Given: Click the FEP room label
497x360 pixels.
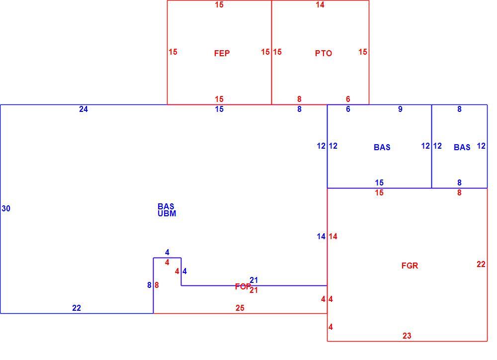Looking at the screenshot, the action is coord(222,53).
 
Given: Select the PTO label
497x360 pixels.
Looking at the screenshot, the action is coord(324,53).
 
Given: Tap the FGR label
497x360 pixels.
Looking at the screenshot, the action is coord(410,266).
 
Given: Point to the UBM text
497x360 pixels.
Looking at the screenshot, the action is coord(166,214).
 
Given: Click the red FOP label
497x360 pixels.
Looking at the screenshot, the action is coord(243,287).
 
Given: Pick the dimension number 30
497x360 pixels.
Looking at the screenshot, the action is coord(6,209).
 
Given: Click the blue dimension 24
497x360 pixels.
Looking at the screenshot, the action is coord(83,109).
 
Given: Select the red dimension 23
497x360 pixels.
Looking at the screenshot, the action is coord(407,336).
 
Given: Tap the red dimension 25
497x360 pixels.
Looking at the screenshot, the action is coord(240,308).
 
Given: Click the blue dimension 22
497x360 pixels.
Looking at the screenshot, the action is coord(77,308).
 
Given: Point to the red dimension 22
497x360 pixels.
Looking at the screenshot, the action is coord(481,264).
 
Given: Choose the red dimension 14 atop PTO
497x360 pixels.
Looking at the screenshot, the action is coord(320,5).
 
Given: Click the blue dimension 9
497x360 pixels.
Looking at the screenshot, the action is coord(400,109).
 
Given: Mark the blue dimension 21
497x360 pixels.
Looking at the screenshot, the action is coord(253,280).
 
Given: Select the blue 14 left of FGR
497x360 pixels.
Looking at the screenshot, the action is coord(321,237).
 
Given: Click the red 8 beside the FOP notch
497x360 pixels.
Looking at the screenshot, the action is coord(157,285).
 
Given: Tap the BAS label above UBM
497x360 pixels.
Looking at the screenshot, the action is coord(166,206).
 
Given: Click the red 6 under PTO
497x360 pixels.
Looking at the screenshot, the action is coord(348,99).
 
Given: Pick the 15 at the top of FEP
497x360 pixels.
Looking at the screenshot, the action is coord(219,5).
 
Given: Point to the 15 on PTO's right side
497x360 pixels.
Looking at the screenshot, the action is coord(363,52).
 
